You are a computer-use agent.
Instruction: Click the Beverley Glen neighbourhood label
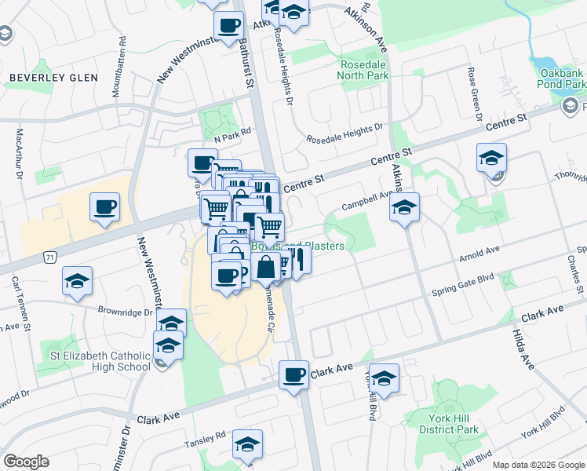(x=53, y=78)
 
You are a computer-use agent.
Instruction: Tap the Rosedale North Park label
(x=363, y=70)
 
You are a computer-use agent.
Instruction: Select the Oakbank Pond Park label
(x=562, y=78)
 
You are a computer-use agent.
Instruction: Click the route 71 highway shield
(x=50, y=257)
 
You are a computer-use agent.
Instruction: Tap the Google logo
(x=26, y=462)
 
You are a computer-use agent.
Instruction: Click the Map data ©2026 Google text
(x=538, y=465)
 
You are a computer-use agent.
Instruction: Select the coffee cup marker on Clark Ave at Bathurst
(x=294, y=374)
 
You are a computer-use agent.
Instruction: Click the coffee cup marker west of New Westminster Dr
(x=104, y=207)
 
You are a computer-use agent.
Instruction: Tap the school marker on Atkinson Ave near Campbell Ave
(x=404, y=208)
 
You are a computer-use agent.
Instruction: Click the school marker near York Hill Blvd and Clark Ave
(x=384, y=378)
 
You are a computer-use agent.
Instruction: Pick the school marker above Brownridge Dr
(x=78, y=281)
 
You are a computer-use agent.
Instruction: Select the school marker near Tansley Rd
(x=247, y=444)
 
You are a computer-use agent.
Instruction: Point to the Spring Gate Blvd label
(x=465, y=290)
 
